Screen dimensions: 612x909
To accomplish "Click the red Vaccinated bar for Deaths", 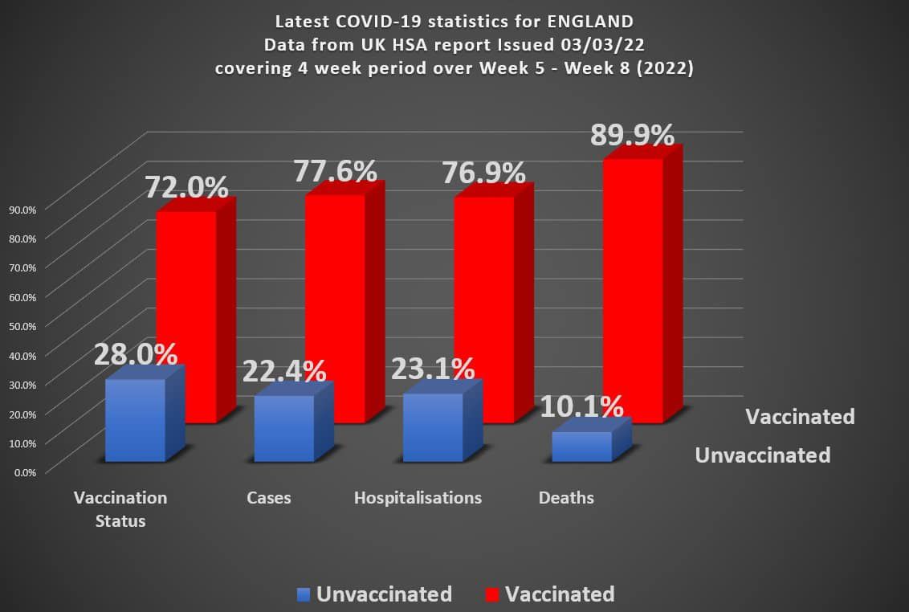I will (x=633, y=289).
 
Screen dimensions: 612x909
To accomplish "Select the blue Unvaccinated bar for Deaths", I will (x=582, y=447).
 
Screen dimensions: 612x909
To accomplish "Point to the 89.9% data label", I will (x=632, y=135).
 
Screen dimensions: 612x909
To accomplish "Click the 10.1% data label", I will (x=581, y=406).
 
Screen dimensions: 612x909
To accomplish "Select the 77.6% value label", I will (x=335, y=171).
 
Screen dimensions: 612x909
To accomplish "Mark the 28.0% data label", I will (x=135, y=353).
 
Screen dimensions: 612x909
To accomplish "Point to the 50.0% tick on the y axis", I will (x=22, y=325).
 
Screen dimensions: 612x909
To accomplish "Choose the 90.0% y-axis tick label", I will (x=22, y=209).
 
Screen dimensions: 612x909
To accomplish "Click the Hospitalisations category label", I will (x=418, y=498).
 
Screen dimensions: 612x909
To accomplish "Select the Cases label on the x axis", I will (x=269, y=498).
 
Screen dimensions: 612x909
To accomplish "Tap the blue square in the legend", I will (x=303, y=595).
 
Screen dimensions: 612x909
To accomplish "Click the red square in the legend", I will (x=492, y=595).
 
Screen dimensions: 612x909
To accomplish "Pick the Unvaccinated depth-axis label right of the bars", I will (x=762, y=455).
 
